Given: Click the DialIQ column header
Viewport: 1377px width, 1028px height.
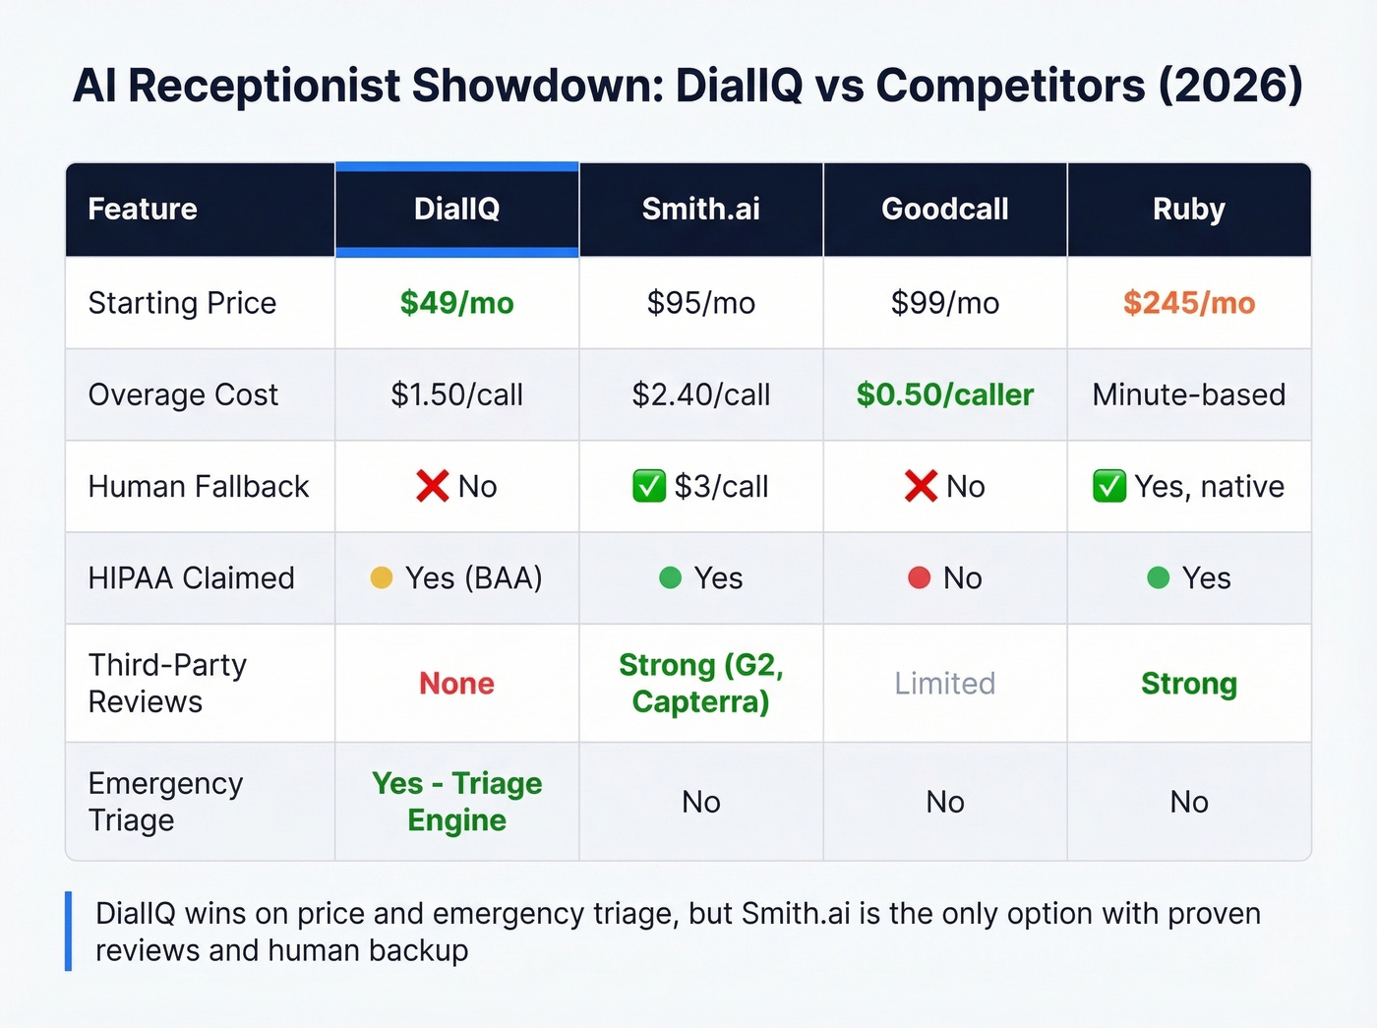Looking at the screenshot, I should (456, 209).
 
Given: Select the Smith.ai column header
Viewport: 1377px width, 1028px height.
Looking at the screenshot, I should (700, 209).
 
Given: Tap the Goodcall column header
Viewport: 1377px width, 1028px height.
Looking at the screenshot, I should (944, 209).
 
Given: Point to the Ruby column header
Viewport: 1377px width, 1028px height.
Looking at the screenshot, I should (1188, 209).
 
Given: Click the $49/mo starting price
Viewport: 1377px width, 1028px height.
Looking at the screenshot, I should (456, 303).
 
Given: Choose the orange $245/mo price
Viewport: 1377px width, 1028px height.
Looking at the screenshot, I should (1188, 303).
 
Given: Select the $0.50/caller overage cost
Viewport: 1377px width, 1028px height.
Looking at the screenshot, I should (944, 394).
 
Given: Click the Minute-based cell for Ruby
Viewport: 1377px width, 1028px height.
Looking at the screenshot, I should (1188, 394).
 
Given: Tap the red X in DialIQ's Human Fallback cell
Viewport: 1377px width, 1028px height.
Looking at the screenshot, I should (432, 486).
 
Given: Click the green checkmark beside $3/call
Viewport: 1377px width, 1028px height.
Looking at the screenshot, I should (649, 486).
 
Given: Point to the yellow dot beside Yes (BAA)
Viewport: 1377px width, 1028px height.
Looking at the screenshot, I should (382, 577).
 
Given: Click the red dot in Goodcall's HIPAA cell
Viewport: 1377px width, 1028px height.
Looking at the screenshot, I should (919, 577).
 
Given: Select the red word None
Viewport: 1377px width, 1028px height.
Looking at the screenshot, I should (456, 683).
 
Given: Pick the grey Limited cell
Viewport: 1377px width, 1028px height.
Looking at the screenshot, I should (944, 683).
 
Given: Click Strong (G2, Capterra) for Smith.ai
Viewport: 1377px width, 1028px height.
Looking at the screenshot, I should (700, 683).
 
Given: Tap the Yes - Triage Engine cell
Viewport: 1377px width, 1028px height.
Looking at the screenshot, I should (456, 801).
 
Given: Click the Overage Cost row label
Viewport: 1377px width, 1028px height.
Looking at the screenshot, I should (183, 394).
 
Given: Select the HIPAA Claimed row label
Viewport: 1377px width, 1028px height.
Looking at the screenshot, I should (191, 577).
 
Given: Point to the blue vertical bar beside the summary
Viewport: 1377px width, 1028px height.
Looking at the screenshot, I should (69, 931).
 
